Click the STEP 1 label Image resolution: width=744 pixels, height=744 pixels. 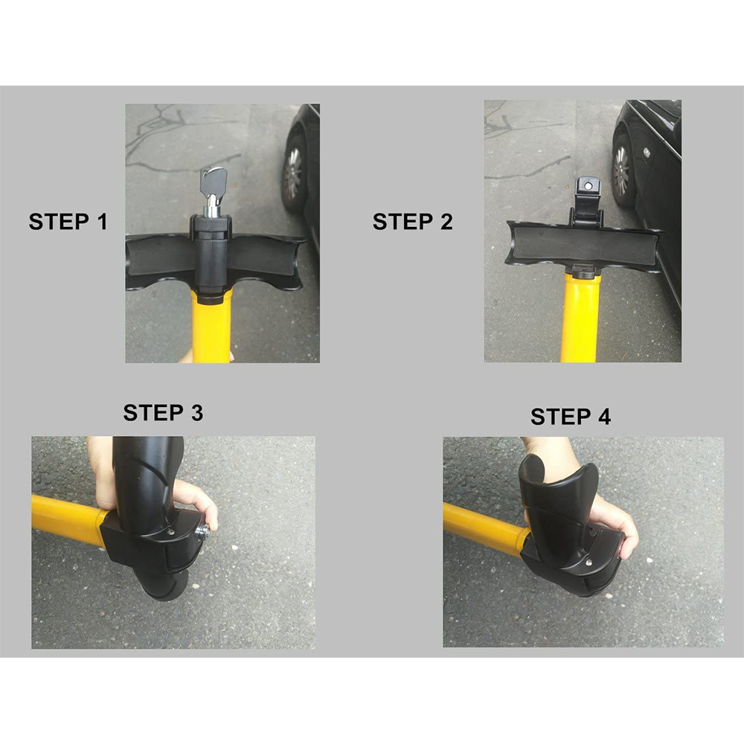[x=68, y=222]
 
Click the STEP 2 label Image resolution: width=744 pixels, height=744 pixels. [x=412, y=222]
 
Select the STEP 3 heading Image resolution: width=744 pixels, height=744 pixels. [x=163, y=413]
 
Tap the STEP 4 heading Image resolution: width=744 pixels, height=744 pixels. [x=570, y=417]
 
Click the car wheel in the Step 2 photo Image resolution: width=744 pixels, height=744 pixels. [x=622, y=171]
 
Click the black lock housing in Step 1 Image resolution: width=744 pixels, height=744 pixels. [x=213, y=253]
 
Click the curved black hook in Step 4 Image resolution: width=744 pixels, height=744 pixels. [x=558, y=498]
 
